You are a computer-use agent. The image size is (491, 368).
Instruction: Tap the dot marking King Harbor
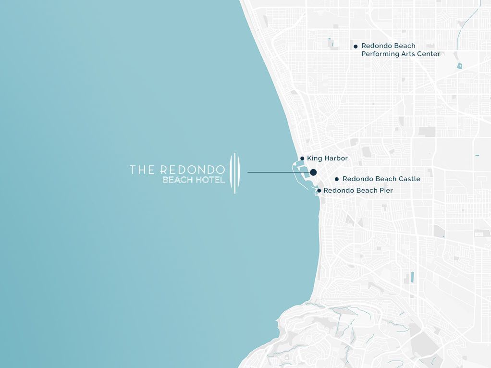coord(302,159)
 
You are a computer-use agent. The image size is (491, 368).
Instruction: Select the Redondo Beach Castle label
coord(381,179)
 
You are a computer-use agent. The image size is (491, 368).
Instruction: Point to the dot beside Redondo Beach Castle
coord(337,179)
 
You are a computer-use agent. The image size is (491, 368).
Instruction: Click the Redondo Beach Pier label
coord(358,191)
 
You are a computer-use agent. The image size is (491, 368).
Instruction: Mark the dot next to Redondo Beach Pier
coord(319,191)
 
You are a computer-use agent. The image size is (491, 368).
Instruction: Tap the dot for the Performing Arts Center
coord(356,47)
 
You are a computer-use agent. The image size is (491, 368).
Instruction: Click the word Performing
coord(380,54)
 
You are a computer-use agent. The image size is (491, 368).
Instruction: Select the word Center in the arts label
coord(429,54)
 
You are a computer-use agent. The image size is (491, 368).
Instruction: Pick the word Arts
coord(409,54)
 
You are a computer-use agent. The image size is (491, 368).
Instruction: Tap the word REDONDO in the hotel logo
coord(192,170)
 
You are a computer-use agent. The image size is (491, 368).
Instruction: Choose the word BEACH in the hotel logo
coord(178,181)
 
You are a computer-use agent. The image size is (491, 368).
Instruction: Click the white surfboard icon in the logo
coord(234,173)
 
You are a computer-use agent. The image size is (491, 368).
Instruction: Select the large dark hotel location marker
coord(313,172)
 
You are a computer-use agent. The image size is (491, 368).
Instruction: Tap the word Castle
coord(409,179)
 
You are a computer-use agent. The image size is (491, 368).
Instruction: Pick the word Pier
coord(386,191)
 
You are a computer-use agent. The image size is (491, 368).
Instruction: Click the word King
coord(314,159)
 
